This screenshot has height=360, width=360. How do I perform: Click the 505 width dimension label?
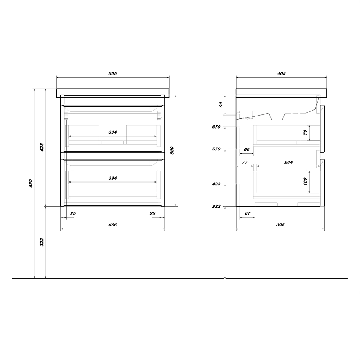(x=112, y=73)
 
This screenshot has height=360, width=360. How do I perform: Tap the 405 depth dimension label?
(x=282, y=73)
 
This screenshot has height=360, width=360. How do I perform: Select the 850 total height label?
(x=31, y=183)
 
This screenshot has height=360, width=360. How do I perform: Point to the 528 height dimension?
(x=42, y=147)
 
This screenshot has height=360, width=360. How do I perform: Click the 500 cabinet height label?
(x=172, y=150)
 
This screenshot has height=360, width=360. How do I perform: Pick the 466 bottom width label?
(x=112, y=225)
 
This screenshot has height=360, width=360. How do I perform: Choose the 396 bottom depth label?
(x=280, y=225)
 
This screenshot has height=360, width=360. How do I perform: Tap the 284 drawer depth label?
(x=288, y=162)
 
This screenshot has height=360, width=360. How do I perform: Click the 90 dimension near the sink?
(x=221, y=105)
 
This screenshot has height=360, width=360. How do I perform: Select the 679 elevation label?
(x=216, y=127)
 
